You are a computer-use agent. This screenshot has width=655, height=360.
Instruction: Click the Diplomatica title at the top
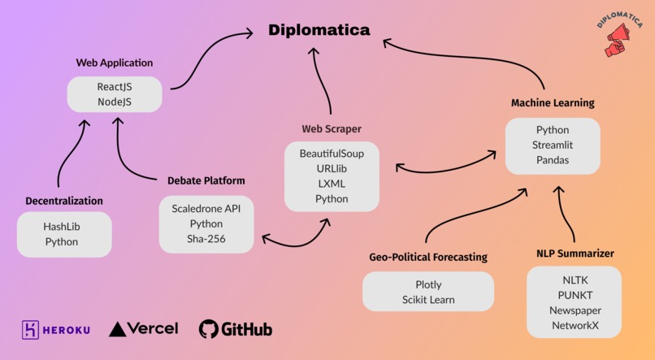(x=319, y=30)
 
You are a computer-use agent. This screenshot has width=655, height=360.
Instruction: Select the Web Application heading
(x=114, y=63)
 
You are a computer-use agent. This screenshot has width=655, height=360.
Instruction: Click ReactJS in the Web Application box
(x=115, y=86)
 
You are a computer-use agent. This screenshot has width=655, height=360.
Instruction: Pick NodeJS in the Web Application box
(x=115, y=102)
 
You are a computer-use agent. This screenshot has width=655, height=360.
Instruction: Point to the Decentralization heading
(x=64, y=201)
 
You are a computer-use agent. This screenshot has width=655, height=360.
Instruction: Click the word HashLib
(x=62, y=226)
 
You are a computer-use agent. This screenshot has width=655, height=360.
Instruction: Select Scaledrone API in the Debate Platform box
(x=206, y=208)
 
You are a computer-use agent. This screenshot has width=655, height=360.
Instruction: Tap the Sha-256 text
(x=206, y=238)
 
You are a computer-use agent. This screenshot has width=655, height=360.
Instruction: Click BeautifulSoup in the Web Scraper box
(x=332, y=153)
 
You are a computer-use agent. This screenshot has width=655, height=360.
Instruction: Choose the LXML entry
(x=332, y=184)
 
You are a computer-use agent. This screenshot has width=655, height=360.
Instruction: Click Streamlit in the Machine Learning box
(x=553, y=145)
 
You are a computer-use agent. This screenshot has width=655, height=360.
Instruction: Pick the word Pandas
(x=553, y=160)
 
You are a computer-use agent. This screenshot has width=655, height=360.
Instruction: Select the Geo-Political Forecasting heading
(x=428, y=257)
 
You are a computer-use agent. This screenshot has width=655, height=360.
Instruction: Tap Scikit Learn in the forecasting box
(x=428, y=300)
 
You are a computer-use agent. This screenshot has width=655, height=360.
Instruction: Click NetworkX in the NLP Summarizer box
(x=575, y=325)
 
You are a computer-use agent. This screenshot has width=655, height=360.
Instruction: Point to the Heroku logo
(x=56, y=329)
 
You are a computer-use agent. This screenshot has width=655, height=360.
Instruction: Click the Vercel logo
(x=144, y=328)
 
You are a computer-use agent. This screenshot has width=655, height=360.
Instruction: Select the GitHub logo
(x=236, y=329)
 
